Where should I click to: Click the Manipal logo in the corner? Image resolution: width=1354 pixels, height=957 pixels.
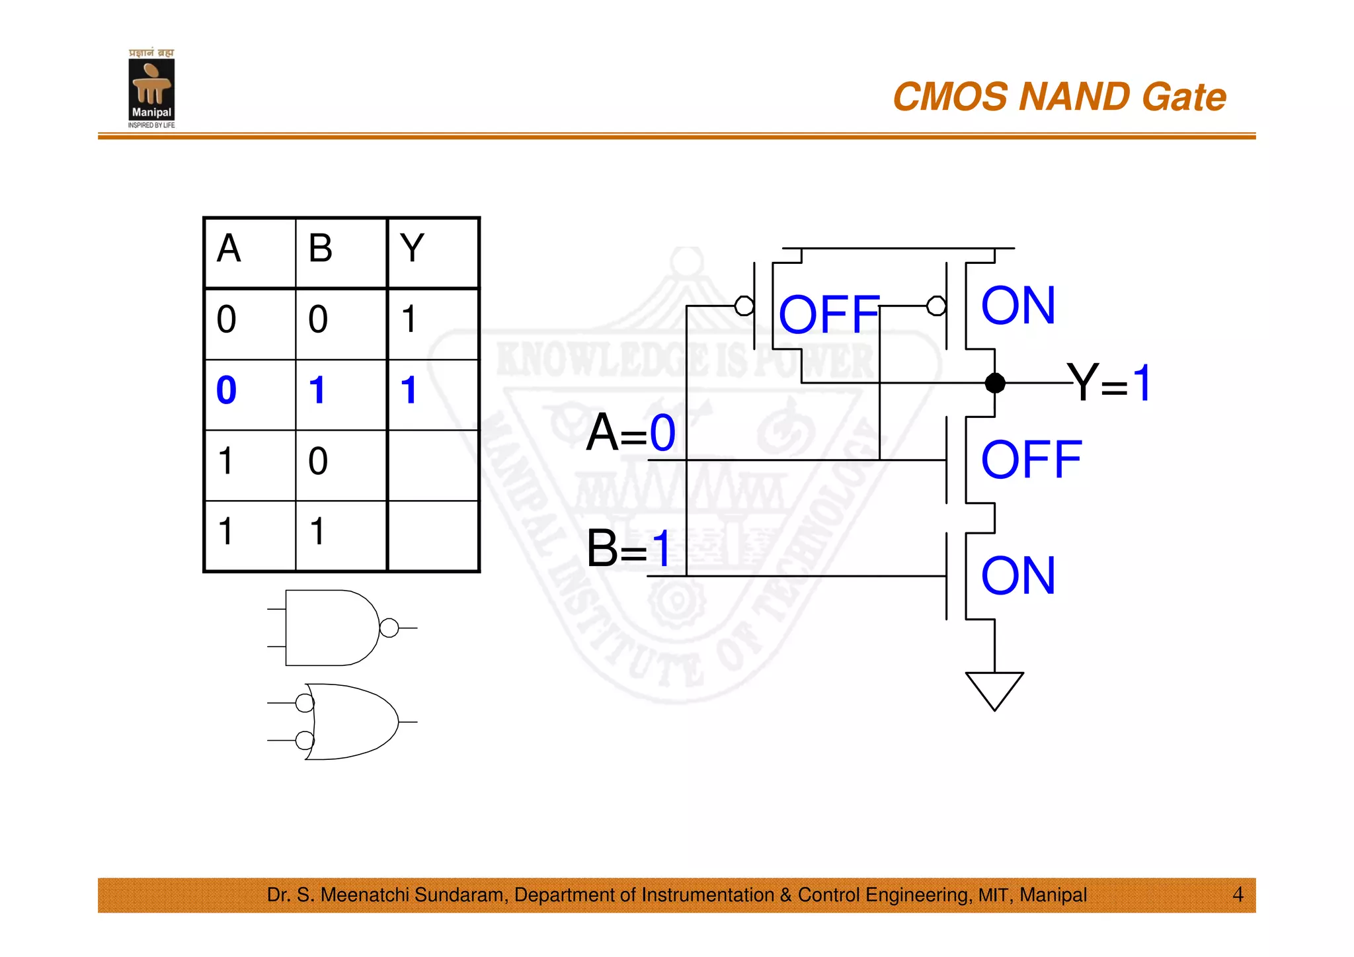tap(151, 89)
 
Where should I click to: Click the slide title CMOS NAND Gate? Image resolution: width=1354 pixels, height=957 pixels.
tap(1059, 97)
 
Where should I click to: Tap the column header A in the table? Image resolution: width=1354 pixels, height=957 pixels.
tap(229, 249)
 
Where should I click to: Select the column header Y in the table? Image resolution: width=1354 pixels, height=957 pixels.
tap(412, 249)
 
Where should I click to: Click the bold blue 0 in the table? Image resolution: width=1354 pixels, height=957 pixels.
tap(226, 390)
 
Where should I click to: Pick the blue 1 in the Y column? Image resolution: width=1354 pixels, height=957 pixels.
tap(409, 390)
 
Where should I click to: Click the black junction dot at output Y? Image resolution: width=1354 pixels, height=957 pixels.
tap(995, 383)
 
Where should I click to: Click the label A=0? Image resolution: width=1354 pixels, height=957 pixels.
tap(631, 433)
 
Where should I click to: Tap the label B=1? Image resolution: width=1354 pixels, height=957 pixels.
tap(629, 549)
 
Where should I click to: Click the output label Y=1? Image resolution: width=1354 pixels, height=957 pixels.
tap(1110, 383)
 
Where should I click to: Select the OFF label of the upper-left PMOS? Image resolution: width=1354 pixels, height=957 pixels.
tap(829, 314)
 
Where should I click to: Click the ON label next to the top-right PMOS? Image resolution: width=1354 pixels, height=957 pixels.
tap(1018, 306)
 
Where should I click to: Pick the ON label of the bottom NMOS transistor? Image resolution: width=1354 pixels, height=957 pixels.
tap(1018, 576)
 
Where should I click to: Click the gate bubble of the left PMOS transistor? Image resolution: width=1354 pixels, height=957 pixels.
tap(744, 306)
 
